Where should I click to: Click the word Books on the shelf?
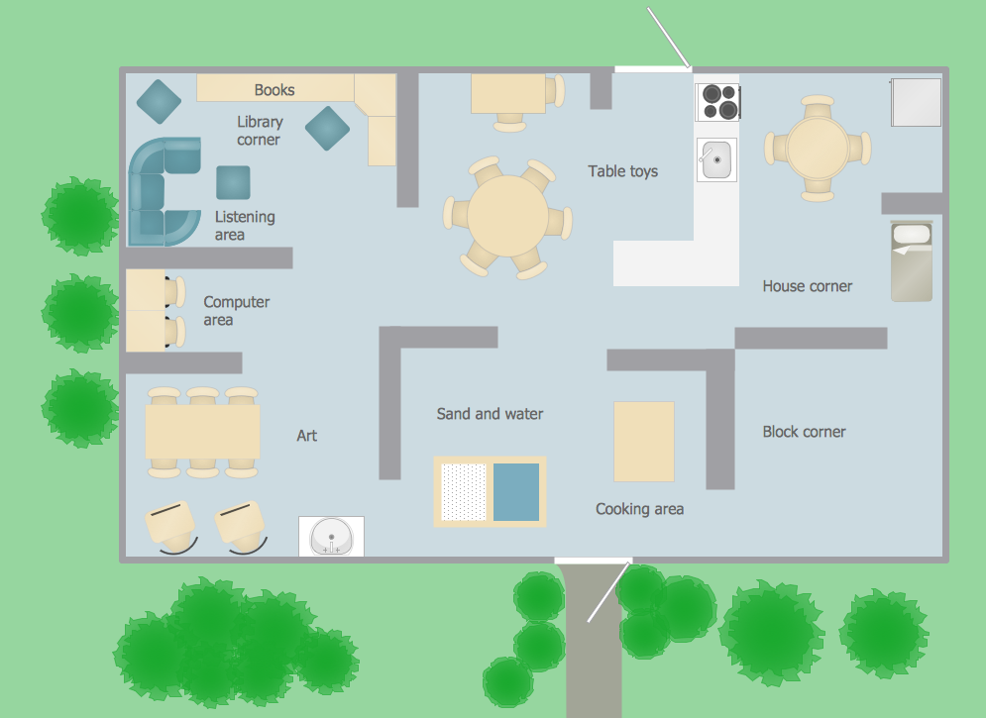(274, 90)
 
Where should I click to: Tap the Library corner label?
(259, 131)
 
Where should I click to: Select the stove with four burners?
(718, 102)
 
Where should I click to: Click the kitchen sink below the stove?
(716, 159)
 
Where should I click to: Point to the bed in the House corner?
(912, 261)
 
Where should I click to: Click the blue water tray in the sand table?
(516, 491)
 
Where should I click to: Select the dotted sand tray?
(464, 491)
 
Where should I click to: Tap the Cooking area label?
(639, 509)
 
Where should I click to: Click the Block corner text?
(804, 432)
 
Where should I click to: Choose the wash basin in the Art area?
(331, 537)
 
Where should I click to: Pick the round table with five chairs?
(506, 217)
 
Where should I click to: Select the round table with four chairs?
(818, 148)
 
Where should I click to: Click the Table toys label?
(622, 171)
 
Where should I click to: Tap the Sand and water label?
(490, 414)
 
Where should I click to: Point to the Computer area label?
(236, 311)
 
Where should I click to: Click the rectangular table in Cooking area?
(643, 441)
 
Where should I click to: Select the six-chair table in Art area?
(202, 432)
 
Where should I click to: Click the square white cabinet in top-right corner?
(916, 102)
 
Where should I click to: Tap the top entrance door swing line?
(669, 39)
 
